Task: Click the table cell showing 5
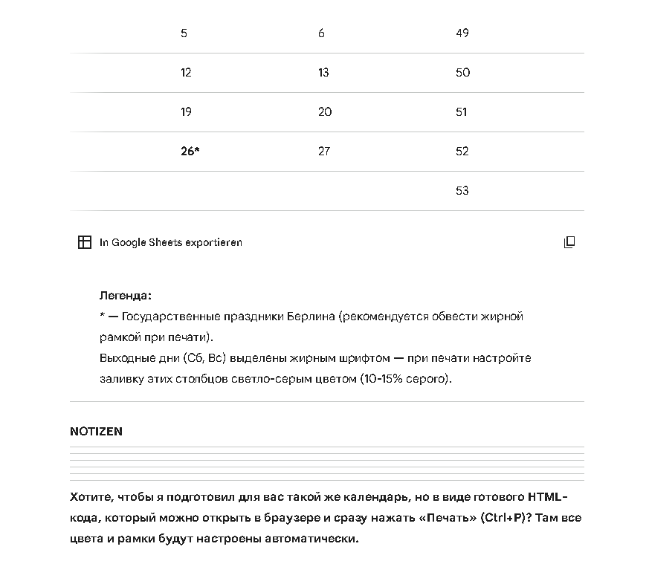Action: pyautogui.click(x=184, y=33)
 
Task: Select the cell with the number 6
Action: pyautogui.click(x=321, y=33)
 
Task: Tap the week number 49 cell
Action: pyautogui.click(x=462, y=33)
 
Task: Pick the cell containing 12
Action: pyautogui.click(x=186, y=73)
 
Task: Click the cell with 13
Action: pyautogui.click(x=323, y=73)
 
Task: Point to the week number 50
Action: pyautogui.click(x=462, y=73)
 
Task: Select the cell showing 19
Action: pyautogui.click(x=186, y=112)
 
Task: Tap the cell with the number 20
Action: pyautogui.click(x=324, y=112)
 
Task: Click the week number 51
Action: pyautogui.click(x=462, y=112)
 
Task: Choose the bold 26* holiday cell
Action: pyautogui.click(x=190, y=152)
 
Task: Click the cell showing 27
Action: pyautogui.click(x=323, y=152)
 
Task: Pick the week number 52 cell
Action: pyautogui.click(x=462, y=152)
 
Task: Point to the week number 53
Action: pyautogui.click(x=462, y=191)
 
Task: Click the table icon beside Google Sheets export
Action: pyautogui.click(x=85, y=242)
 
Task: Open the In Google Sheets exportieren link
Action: pyautogui.click(x=170, y=242)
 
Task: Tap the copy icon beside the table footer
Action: pyautogui.click(x=569, y=242)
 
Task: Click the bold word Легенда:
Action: pyautogui.click(x=125, y=295)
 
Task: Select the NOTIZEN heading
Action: pyautogui.click(x=96, y=431)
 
